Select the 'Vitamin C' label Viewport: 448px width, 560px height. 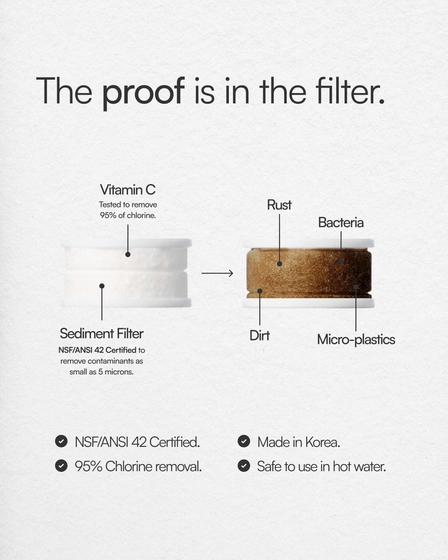pyautogui.click(x=128, y=190)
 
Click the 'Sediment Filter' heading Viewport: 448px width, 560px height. pyautogui.click(x=102, y=333)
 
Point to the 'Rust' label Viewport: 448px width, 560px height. pyautogui.click(x=279, y=205)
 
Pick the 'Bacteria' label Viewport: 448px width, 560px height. pyautogui.click(x=341, y=223)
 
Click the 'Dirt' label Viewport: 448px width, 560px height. pyautogui.click(x=259, y=335)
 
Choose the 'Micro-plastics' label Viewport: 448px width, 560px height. pyautogui.click(x=356, y=339)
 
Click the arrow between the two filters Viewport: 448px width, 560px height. pyautogui.click(x=217, y=273)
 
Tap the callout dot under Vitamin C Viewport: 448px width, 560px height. pyautogui.click(x=128, y=254)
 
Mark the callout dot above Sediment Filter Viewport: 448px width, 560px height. pyautogui.click(x=102, y=286)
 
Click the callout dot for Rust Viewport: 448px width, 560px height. pyautogui.click(x=280, y=264)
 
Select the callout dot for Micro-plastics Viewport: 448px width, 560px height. pyautogui.click(x=356, y=287)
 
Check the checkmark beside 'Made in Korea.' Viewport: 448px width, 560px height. pyautogui.click(x=244, y=441)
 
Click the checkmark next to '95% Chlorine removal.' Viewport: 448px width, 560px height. pyautogui.click(x=61, y=466)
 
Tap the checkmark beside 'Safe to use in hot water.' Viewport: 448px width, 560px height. pyautogui.click(x=244, y=466)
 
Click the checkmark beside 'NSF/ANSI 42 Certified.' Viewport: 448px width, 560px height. pyautogui.click(x=61, y=441)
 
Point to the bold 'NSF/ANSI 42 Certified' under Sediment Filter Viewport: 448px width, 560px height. pyautogui.click(x=97, y=350)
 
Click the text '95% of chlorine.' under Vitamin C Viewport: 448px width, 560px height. pyautogui.click(x=128, y=215)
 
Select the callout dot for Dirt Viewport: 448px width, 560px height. pyautogui.click(x=260, y=291)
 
